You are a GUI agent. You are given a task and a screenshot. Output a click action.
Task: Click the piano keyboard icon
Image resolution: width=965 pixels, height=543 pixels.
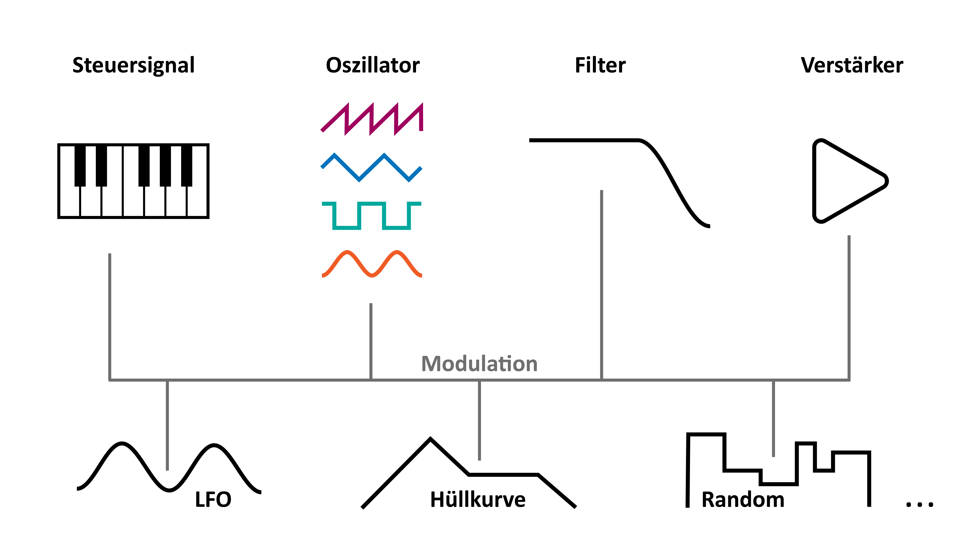[x=133, y=181]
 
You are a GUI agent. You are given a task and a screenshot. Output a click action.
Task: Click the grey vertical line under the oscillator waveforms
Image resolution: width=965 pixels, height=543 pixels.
[x=371, y=341]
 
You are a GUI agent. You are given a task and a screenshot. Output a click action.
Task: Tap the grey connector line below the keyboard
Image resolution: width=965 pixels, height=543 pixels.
[x=110, y=315]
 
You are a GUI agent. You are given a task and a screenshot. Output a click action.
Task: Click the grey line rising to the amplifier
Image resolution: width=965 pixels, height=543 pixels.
[x=849, y=307]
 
